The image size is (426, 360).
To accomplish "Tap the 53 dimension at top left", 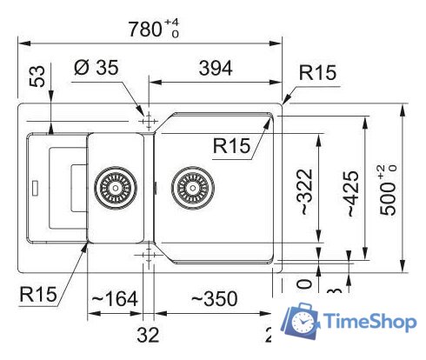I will tap(37, 80).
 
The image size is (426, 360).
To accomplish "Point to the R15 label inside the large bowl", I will tap(231, 147).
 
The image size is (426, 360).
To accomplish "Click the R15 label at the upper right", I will tap(317, 75).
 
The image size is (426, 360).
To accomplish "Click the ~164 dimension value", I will tap(115, 299).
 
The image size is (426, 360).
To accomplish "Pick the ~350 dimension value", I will tap(215, 299).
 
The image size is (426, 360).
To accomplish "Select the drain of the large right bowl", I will tap(191, 186).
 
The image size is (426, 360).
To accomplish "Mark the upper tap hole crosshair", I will tap(146, 119).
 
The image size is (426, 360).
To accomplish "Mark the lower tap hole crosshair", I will tap(146, 253).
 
